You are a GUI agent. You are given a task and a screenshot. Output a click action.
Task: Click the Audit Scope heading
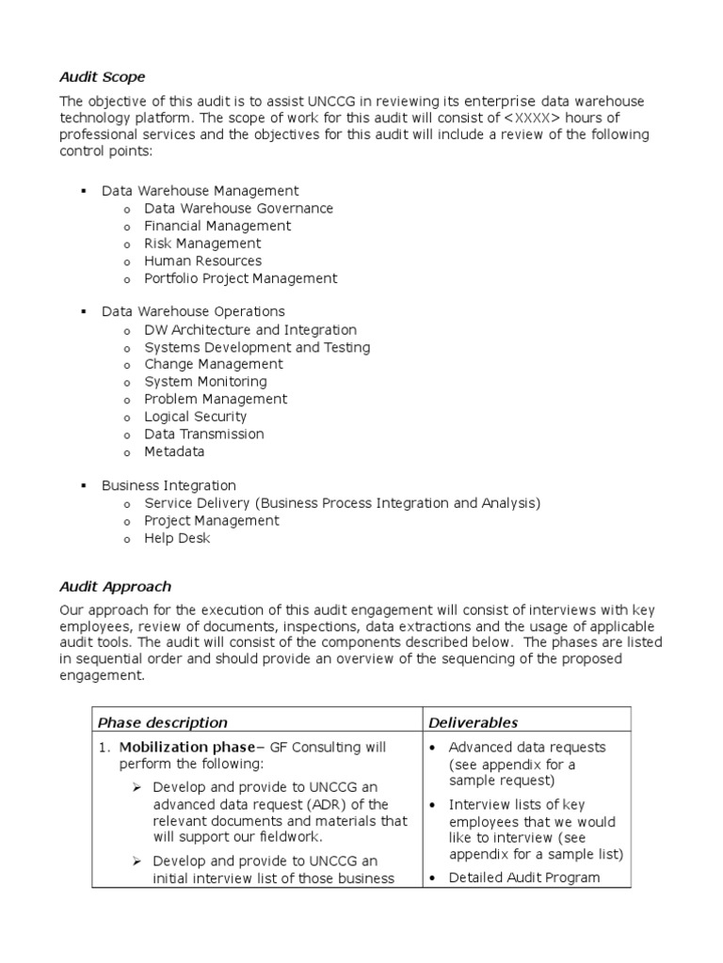[x=103, y=76]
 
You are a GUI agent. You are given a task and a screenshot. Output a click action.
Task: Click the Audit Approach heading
[x=115, y=586]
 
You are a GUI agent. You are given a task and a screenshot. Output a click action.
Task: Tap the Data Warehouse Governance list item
[x=238, y=209]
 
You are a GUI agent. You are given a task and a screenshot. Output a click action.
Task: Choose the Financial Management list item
[x=217, y=226]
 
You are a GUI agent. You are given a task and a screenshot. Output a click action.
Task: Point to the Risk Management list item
[x=202, y=244]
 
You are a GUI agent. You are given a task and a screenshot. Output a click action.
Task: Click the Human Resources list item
[x=202, y=260]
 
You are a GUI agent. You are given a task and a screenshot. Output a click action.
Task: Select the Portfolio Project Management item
[x=240, y=278]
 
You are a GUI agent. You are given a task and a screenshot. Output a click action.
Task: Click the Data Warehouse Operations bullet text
[x=193, y=311]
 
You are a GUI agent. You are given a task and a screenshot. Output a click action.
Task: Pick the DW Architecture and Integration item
[x=250, y=330]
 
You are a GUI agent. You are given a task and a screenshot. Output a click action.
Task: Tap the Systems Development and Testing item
[x=257, y=347]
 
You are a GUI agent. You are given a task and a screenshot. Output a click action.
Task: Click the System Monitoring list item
[x=205, y=382]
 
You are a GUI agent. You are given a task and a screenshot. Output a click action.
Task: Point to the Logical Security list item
[x=195, y=417]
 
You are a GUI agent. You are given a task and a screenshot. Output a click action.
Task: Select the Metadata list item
[x=174, y=451]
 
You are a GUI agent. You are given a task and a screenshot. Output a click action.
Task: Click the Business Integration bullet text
[x=169, y=485]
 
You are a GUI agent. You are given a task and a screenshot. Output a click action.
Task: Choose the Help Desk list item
[x=177, y=538]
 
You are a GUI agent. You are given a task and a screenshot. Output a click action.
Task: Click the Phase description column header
[x=163, y=722]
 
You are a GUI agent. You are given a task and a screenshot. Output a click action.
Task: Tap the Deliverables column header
[x=473, y=722]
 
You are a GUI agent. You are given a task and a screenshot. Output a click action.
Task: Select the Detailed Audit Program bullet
[x=523, y=877]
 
